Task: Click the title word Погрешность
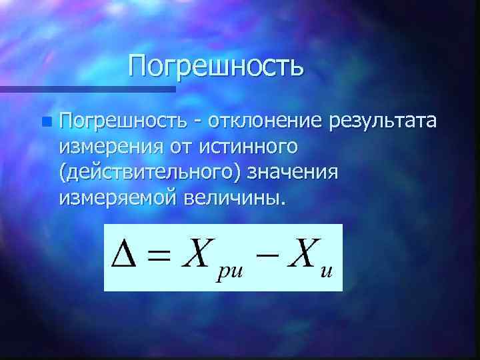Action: pyautogui.click(x=217, y=66)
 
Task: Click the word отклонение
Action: pyautogui.click(x=265, y=121)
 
